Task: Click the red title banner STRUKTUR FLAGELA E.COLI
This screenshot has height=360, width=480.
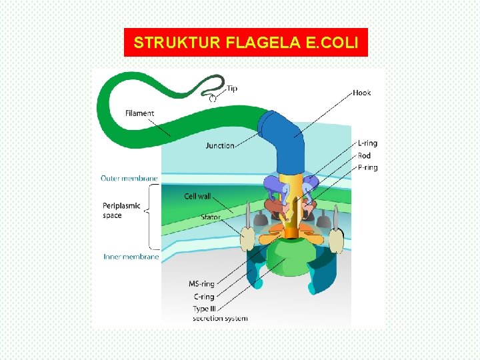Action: point(246,43)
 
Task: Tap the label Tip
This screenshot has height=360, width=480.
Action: point(232,89)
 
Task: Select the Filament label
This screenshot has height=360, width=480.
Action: point(139,113)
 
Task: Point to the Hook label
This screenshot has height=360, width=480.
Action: point(362,93)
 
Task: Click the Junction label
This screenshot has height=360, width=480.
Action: point(220,145)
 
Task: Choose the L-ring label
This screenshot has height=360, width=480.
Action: point(367,144)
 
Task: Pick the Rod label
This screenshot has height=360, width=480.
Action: point(364,156)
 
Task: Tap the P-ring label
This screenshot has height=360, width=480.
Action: point(367,168)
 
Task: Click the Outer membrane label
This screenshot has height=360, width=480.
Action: point(129,178)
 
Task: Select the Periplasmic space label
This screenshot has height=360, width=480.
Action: point(121,211)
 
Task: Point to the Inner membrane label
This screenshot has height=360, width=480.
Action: point(131,257)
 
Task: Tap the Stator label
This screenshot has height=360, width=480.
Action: point(211,217)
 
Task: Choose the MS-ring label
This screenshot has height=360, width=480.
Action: point(201,285)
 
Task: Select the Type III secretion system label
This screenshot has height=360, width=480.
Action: point(219,313)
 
